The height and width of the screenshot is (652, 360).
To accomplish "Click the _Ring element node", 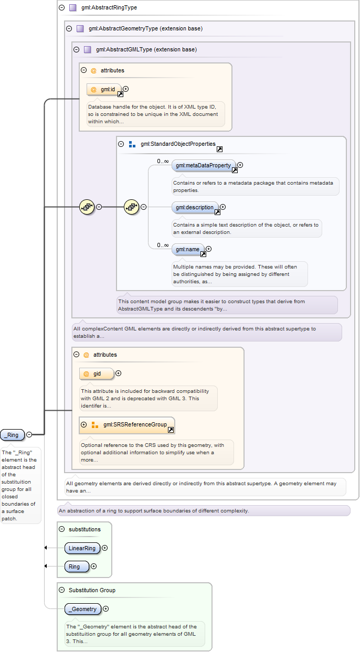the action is (13, 435).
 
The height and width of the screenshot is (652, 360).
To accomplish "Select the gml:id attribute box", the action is (104, 89).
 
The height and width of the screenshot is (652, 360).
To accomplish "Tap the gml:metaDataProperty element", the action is (204, 165).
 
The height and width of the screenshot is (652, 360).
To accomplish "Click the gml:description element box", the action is (195, 207).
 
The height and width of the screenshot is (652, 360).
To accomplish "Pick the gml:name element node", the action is (188, 249).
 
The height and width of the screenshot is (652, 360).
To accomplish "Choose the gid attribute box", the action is (97, 374).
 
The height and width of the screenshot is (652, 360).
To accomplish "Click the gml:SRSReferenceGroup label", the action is (135, 424).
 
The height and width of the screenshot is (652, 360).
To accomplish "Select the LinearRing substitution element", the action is (82, 548).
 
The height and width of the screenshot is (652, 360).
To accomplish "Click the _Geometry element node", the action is (83, 609).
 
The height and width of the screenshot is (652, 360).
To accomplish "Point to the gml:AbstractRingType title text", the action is (109, 7).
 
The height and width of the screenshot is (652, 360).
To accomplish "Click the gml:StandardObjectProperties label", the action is (178, 144).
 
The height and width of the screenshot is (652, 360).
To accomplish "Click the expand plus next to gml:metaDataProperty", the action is (240, 165).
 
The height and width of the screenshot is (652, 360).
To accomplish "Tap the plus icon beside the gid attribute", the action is (118, 373).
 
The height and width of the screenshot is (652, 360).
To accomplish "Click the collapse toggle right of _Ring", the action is (29, 434).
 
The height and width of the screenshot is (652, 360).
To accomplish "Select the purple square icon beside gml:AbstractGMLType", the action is (88, 49).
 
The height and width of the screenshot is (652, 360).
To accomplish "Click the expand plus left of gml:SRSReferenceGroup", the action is (84, 424).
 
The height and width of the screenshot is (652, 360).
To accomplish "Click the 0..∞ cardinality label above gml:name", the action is (163, 245).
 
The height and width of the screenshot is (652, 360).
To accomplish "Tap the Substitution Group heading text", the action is (92, 590).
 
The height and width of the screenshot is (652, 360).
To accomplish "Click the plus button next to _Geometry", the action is (105, 608).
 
